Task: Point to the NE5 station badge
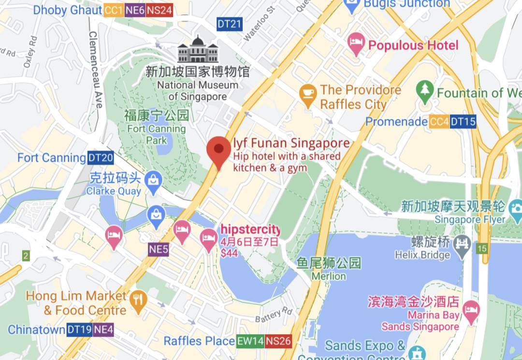159,249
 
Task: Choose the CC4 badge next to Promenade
439,122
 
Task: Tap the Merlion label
329,276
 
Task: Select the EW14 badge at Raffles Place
249,341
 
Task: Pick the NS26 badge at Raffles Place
278,341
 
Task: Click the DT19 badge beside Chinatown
79,330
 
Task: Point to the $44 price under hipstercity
229,253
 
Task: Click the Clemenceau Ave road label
96,70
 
